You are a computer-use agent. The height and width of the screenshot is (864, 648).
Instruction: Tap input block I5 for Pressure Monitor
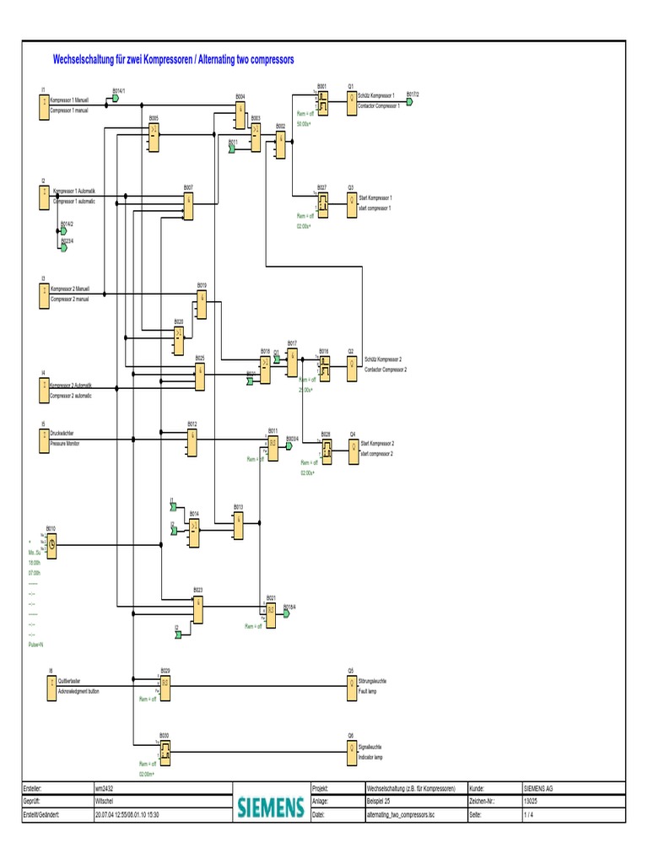(43, 440)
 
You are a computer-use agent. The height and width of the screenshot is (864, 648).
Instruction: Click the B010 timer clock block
(51, 545)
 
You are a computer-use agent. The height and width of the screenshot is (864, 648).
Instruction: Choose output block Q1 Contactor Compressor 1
(351, 102)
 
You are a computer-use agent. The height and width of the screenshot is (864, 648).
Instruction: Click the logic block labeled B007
(188, 203)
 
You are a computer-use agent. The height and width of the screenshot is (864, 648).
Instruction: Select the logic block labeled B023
(197, 607)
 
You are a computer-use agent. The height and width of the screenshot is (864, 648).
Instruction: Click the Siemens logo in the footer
(270, 807)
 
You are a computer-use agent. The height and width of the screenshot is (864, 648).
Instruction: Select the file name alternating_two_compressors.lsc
(401, 816)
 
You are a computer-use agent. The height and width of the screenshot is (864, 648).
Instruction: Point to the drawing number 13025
(531, 802)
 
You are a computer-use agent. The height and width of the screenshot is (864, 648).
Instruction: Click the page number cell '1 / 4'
(527, 816)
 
